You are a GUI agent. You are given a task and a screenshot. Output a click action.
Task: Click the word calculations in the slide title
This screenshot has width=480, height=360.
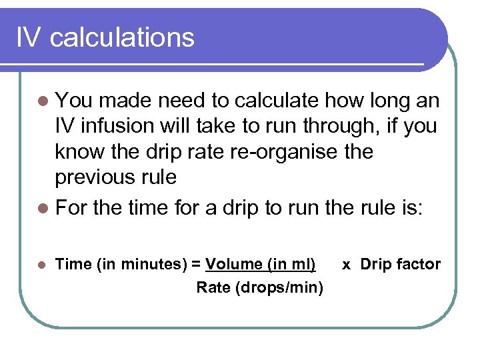(122, 37)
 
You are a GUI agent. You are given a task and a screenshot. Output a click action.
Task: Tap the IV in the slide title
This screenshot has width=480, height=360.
(28, 37)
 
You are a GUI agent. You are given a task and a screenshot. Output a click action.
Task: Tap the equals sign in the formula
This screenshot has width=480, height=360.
(196, 264)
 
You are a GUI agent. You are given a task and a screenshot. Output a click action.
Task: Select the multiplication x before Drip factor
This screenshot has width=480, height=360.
(347, 264)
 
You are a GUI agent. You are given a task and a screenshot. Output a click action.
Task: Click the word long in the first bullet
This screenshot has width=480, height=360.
(387, 101)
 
